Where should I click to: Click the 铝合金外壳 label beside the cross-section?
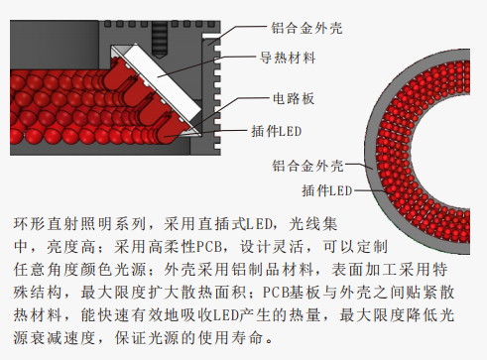pyautogui.click(x=306, y=28)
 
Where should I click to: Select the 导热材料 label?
pyautogui.click(x=288, y=58)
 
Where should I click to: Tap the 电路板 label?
pyautogui.click(x=294, y=98)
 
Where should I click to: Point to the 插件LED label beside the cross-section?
pyautogui.click(x=277, y=131)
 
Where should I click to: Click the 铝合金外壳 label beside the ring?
pyautogui.click(x=307, y=166)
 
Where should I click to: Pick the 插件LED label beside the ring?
pyautogui.click(x=327, y=190)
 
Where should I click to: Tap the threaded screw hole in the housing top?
pyautogui.click(x=160, y=40)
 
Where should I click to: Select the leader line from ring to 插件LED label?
pyautogui.click(x=370, y=191)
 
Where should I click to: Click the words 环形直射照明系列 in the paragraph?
pyautogui.click(x=79, y=224)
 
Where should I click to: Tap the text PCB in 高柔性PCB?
pyautogui.click(x=208, y=247)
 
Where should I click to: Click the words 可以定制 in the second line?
pyautogui.click(x=355, y=247)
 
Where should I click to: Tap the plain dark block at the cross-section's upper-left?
pyautogui.click(x=55, y=45)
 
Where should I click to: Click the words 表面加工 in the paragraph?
pyautogui.click(x=364, y=270)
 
